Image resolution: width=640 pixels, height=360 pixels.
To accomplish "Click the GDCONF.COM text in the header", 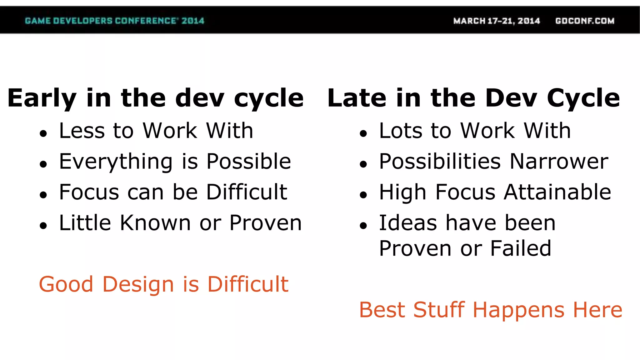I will pyautogui.click(x=585, y=21).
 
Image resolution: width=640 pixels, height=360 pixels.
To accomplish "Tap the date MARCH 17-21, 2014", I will pyautogui.click(x=497, y=21).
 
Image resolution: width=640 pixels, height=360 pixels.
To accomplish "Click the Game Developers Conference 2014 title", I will pyautogui.click(x=114, y=21).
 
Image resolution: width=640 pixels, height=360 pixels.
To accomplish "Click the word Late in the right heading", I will pyautogui.click(x=357, y=98).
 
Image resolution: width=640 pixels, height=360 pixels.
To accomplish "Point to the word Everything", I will pyautogui.click(x=116, y=162).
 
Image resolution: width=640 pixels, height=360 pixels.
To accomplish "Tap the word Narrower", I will pyautogui.click(x=559, y=162).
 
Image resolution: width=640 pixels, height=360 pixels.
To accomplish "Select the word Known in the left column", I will pyautogui.click(x=155, y=223).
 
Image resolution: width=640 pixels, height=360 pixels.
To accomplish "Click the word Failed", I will pyautogui.click(x=521, y=248).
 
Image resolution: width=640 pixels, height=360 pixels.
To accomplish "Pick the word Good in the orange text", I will pyautogui.click(x=66, y=284).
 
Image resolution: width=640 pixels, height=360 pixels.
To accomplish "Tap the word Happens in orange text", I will pyautogui.click(x=518, y=310).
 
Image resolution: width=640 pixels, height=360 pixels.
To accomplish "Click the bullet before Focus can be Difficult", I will pyautogui.click(x=43, y=195).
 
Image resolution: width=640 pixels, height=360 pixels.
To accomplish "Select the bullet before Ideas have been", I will pyautogui.click(x=363, y=226).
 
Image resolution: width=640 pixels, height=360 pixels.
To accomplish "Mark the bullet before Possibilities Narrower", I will pyautogui.click(x=363, y=164).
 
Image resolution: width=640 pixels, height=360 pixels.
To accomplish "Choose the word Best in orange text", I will pyautogui.click(x=382, y=310).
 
